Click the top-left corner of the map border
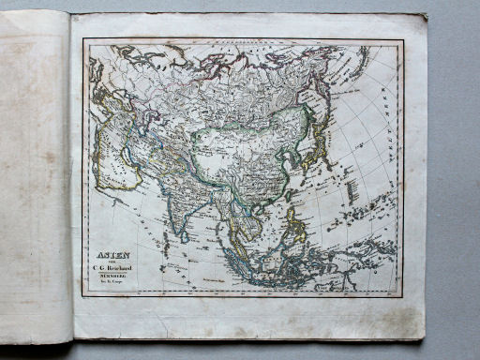pos(82,39)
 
